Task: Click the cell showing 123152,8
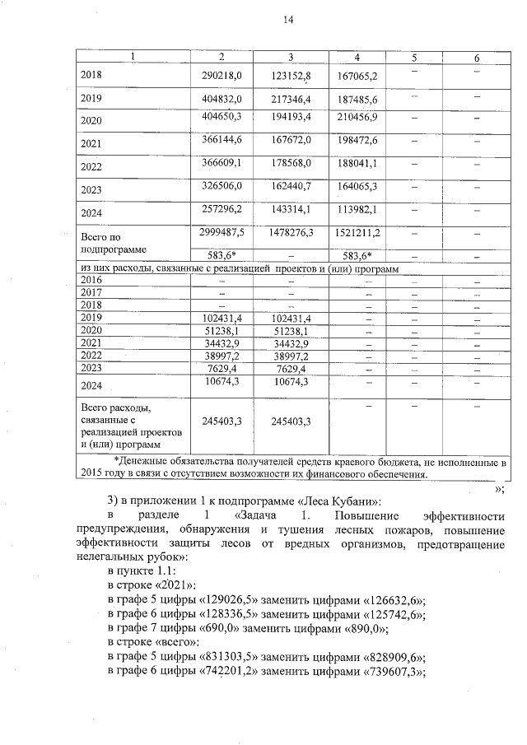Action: pos(290,76)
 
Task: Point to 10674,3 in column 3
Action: pos(290,382)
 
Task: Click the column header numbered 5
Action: pos(414,57)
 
